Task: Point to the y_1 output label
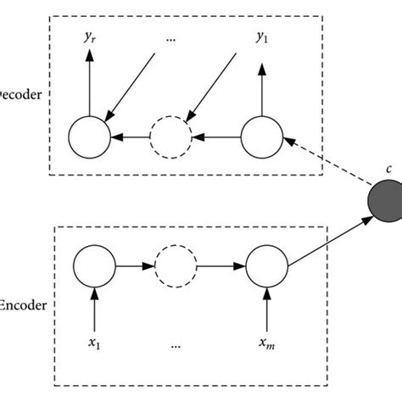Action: click(x=261, y=36)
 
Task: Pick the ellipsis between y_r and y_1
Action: click(x=175, y=38)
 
